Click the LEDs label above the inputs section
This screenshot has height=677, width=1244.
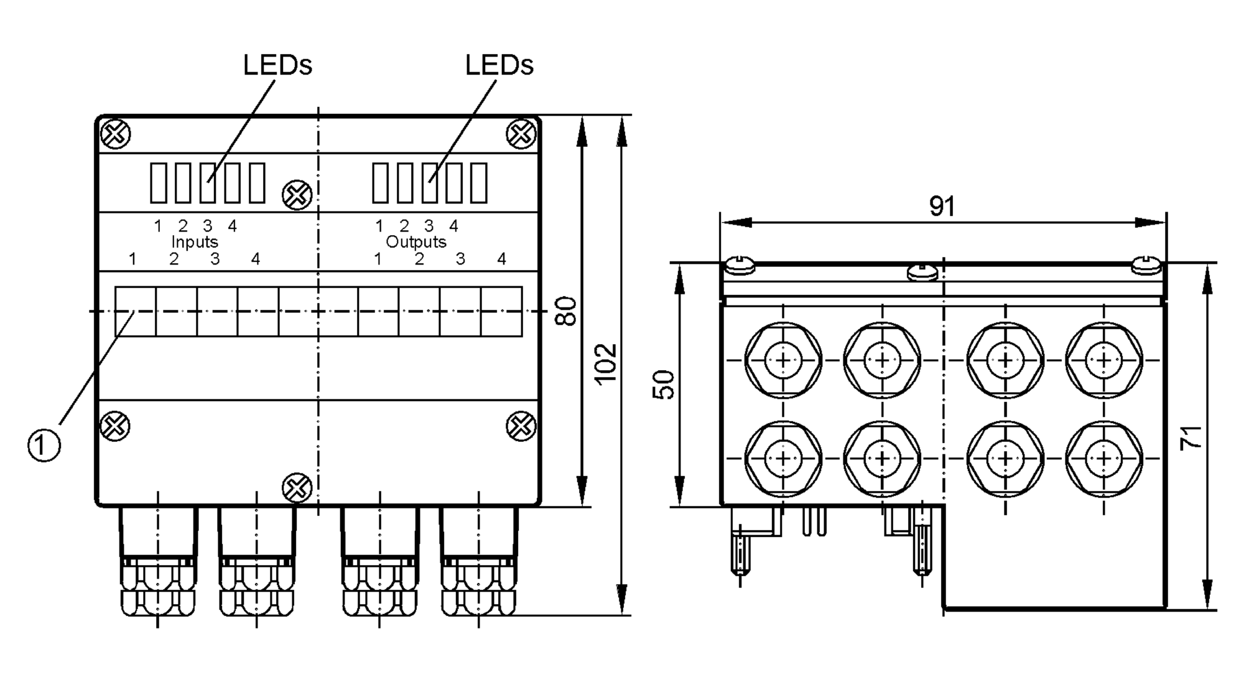coord(277,65)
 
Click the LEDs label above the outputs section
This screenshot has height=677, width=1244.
coord(499,65)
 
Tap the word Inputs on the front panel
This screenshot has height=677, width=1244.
coord(195,241)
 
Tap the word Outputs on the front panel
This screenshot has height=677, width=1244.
coord(416,241)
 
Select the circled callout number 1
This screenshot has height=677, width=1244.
coord(44,445)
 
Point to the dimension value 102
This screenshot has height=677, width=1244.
coord(605,364)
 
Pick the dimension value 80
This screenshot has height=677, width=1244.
coord(566,311)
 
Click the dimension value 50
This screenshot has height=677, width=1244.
coord(664,385)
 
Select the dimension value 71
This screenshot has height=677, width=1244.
coord(1191,438)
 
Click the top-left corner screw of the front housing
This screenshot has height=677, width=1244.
coord(116,133)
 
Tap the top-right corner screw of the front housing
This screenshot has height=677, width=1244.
coord(521,133)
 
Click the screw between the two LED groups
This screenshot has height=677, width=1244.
coord(297,195)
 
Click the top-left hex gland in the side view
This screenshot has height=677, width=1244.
coord(783,360)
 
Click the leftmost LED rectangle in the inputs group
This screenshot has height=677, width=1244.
coord(159,182)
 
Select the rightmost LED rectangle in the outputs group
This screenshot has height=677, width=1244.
coord(478,182)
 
